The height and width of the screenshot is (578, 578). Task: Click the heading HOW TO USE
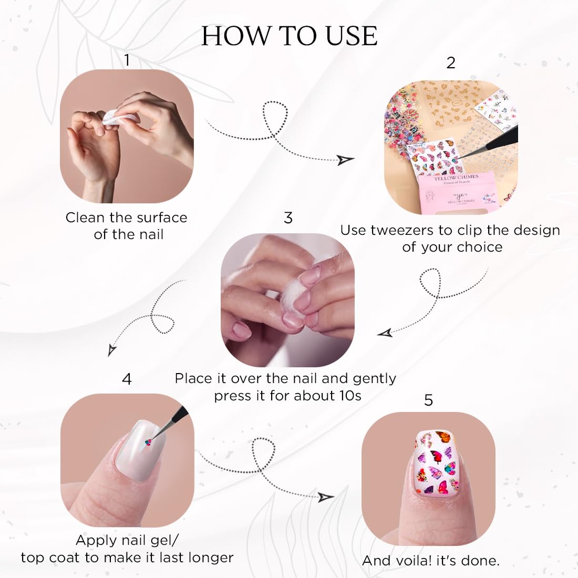pyautogui.click(x=290, y=36)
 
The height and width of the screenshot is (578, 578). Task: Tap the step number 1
pyautogui.click(x=127, y=60)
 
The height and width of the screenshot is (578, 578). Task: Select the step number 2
pyautogui.click(x=450, y=63)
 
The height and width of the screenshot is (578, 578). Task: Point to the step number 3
pyautogui.click(x=288, y=218)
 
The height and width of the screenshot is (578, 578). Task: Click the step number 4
pyautogui.click(x=127, y=379)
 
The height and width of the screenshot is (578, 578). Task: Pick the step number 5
pyautogui.click(x=428, y=400)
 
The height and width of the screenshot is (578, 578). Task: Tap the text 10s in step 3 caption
pyautogui.click(x=350, y=396)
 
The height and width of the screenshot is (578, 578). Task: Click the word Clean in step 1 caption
pyautogui.click(x=85, y=218)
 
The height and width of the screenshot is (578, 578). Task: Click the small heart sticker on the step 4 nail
pyautogui.click(x=148, y=442)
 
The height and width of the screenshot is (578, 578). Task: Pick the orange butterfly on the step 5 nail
pyautogui.click(x=443, y=437)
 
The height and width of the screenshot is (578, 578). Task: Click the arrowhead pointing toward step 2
pyautogui.click(x=345, y=160)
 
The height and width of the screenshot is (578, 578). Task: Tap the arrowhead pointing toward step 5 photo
pyautogui.click(x=325, y=497)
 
